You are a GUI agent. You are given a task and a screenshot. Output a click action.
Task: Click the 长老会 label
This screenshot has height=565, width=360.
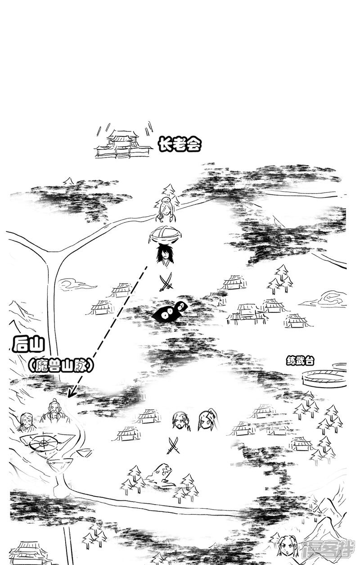[x=179, y=145]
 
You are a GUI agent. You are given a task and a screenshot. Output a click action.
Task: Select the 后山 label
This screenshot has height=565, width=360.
[x=28, y=346]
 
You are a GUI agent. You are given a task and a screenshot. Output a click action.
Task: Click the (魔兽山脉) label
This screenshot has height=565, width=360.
[x=61, y=365]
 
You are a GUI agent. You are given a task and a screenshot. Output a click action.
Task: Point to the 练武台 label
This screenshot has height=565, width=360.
[x=300, y=360]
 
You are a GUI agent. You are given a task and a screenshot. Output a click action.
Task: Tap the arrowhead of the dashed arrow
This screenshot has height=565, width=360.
[x=70, y=393]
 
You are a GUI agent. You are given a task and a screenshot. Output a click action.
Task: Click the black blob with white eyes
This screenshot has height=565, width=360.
[x=170, y=312]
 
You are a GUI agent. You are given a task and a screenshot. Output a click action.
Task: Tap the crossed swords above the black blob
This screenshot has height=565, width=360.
[x=166, y=283]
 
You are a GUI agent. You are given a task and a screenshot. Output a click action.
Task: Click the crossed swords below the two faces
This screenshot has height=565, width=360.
[x=173, y=445]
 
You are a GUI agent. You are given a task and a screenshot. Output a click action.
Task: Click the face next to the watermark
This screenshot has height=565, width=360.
[x=285, y=546]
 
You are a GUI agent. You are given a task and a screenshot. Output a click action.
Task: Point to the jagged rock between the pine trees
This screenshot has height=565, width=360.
[x=160, y=475]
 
